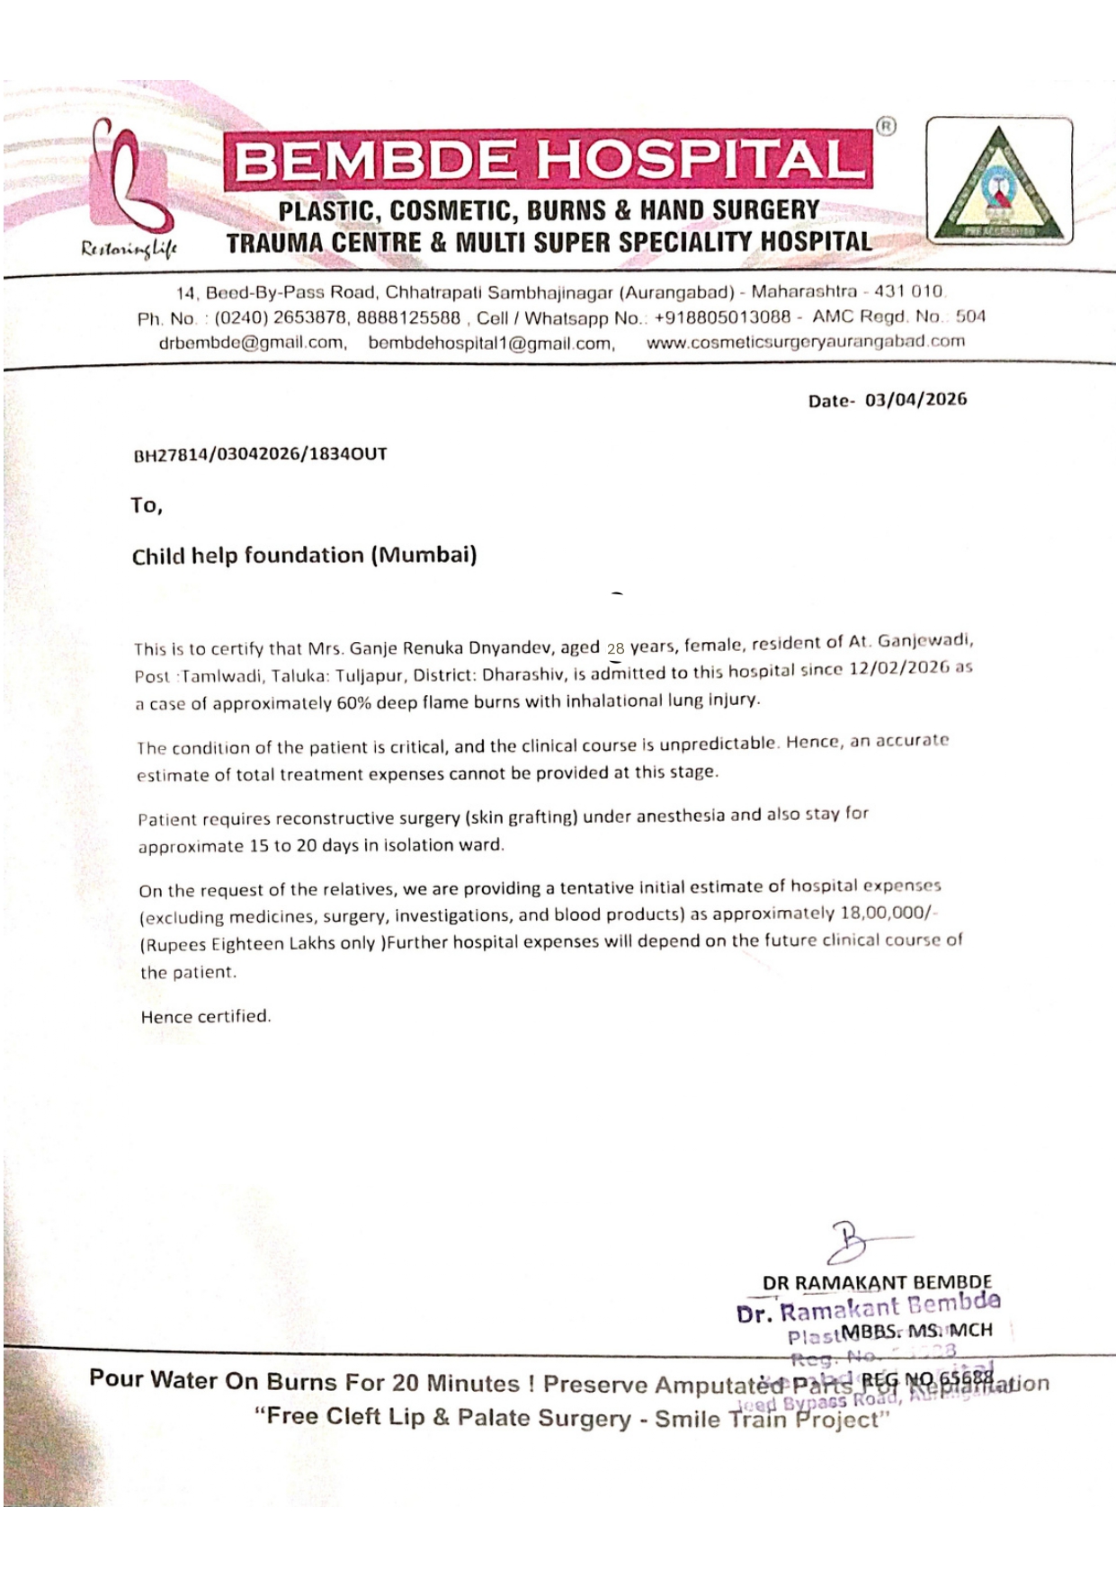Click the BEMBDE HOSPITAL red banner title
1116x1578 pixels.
[x=546, y=160]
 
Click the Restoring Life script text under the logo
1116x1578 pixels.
[x=129, y=249]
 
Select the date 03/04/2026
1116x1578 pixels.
[x=915, y=399]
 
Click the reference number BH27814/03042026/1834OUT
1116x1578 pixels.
[x=260, y=454]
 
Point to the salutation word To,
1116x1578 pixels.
[x=146, y=505]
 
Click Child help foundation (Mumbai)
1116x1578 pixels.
[x=304, y=556]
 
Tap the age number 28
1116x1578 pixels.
[x=615, y=648]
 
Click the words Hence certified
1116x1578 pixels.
[x=205, y=1017]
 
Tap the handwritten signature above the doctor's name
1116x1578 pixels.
[x=854, y=1244]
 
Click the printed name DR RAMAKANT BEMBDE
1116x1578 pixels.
[x=877, y=1282]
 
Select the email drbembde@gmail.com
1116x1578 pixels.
[x=252, y=343]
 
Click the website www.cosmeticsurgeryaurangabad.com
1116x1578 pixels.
[x=805, y=342]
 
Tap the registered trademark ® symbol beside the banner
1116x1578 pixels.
[x=886, y=127]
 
